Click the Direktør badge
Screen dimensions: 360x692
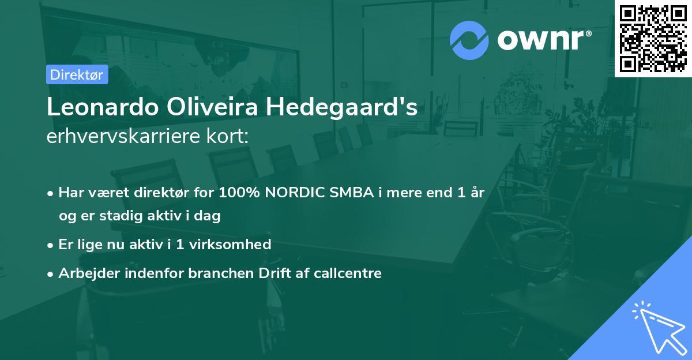click(77, 74)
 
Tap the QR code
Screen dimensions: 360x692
click(653, 38)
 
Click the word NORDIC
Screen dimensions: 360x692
click(295, 193)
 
